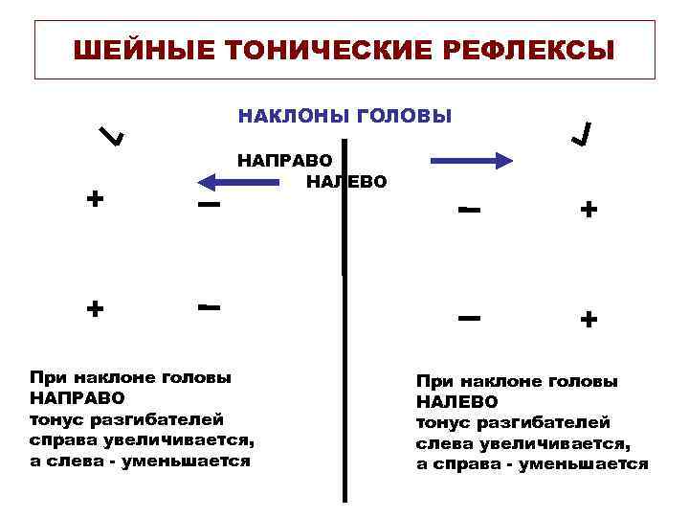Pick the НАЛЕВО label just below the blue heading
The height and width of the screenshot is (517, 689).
coord(347,181)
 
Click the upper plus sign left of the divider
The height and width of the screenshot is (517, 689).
coord(95,199)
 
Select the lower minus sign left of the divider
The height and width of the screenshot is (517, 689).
coord(210,307)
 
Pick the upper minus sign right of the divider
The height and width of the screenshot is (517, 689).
coord(468,209)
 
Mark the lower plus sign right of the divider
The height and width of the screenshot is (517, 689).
coord(589,318)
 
